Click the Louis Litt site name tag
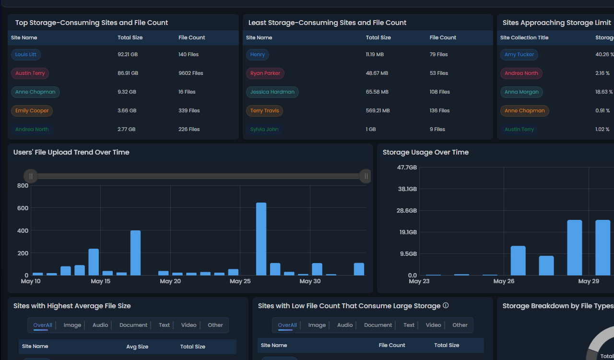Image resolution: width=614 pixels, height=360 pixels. [x=26, y=55]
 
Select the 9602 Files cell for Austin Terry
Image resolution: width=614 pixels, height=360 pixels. [x=190, y=73]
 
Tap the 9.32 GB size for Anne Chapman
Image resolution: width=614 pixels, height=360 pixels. [x=127, y=92]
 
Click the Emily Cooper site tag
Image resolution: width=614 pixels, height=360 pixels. [x=32, y=111]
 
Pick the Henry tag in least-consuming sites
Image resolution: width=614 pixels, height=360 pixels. [x=258, y=55]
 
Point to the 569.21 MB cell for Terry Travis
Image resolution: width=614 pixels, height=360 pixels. [x=378, y=111]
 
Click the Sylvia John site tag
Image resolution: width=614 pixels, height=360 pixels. [x=264, y=130]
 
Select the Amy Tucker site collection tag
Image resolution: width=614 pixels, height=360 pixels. [x=519, y=55]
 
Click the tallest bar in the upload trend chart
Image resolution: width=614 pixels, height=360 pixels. [x=261, y=239]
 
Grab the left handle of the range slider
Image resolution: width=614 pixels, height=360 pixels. [x=31, y=176]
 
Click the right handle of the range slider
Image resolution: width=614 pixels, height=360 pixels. [x=366, y=176]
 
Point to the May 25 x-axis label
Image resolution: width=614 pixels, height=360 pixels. [x=240, y=281]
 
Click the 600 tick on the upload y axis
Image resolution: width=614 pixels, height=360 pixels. [x=23, y=208]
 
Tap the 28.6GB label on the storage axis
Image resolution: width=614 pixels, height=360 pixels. [x=407, y=211]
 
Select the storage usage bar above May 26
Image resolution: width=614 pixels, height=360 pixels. [x=518, y=261]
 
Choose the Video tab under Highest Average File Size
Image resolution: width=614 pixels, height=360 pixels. [x=189, y=325]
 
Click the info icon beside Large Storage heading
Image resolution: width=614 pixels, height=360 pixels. [x=446, y=306]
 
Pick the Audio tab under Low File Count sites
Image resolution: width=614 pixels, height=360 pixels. [x=345, y=325]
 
